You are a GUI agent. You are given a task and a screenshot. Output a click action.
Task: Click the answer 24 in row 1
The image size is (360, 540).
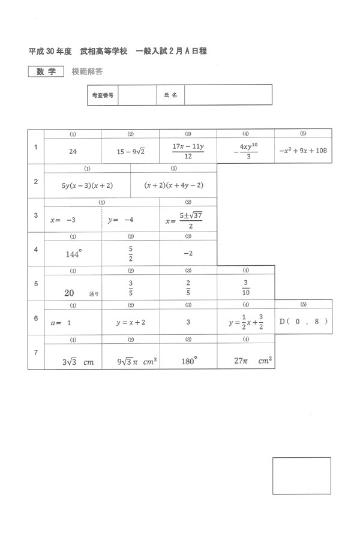coord(73,152)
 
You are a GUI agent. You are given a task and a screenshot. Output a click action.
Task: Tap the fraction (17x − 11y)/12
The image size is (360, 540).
coord(188,151)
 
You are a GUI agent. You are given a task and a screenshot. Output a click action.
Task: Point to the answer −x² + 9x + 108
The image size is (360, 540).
coord(303,151)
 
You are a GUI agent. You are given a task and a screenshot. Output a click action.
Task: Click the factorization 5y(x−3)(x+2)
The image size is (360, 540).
coord(87,185)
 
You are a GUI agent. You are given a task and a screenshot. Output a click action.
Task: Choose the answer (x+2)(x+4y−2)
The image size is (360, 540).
coord(173,185)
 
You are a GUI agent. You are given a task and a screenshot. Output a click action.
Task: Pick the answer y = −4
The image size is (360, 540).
coord(121,220)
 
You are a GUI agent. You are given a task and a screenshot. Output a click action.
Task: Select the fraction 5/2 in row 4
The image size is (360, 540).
coord(130,254)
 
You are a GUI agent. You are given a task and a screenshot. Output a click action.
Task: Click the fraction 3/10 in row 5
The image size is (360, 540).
coord(245,288)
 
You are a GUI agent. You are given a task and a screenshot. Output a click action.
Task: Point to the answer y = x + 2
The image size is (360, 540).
coord(131,322)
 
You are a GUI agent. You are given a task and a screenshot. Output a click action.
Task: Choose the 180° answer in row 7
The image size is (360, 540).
coord(188,361)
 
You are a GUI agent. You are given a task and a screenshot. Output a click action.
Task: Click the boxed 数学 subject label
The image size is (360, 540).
coord(46,71)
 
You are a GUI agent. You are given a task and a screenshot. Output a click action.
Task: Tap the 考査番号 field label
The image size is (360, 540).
coord(103,95)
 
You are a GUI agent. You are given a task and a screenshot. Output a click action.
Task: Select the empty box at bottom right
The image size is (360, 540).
coord(301,476)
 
